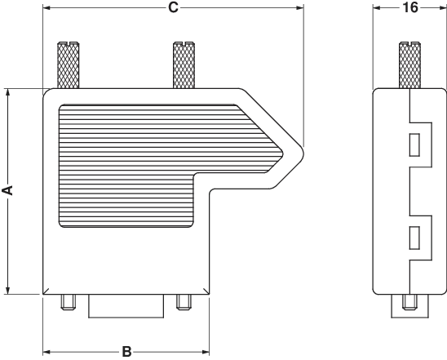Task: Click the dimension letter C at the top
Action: click(173, 7)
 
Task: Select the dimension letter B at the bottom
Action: click(126, 352)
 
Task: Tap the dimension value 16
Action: click(410, 7)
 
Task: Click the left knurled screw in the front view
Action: click(69, 65)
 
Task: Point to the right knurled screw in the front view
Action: click(184, 65)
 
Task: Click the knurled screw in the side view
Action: click(409, 65)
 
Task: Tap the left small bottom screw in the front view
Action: click(68, 302)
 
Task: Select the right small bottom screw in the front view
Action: click(184, 302)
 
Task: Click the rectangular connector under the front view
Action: click(126, 306)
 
